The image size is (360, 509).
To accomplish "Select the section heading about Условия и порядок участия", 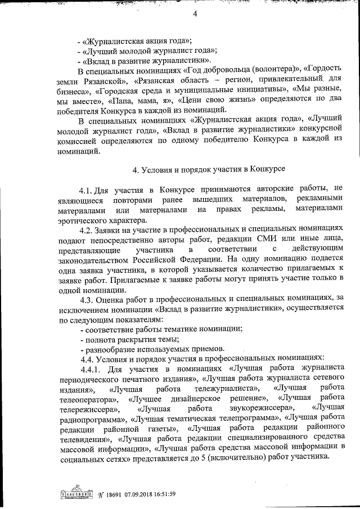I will (x=209, y=169).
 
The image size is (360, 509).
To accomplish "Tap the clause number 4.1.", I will (x=88, y=188).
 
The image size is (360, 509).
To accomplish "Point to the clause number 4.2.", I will (x=88, y=229).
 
